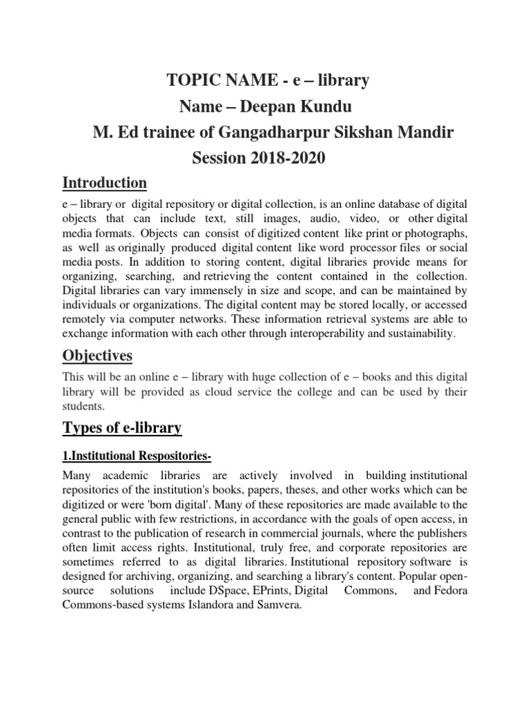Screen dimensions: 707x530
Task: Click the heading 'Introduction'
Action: pyautogui.click(x=104, y=183)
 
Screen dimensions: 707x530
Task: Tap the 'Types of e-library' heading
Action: pyautogui.click(x=122, y=428)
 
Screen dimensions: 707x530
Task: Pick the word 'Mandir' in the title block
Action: pyautogui.click(x=426, y=133)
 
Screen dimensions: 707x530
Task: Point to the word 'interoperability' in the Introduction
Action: pyautogui.click(x=335, y=333)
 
